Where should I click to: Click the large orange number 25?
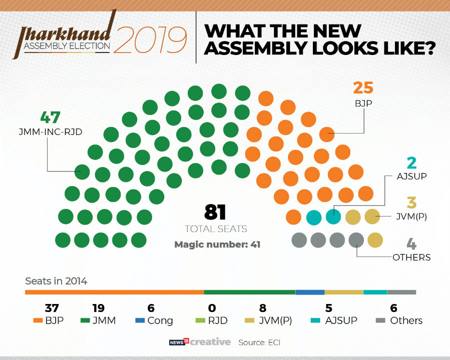click(x=363, y=87)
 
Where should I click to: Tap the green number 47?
click(x=50, y=117)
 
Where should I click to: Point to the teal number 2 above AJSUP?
click(x=411, y=163)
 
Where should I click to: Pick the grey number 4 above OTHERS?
click(x=411, y=245)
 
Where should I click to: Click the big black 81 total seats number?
click(x=216, y=212)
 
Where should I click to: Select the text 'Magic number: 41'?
click(x=217, y=245)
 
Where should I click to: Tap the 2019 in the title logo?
click(x=150, y=41)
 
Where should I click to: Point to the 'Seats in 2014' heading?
click(x=56, y=281)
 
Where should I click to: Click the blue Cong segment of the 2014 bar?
click(x=310, y=292)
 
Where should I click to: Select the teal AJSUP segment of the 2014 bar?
click(x=375, y=292)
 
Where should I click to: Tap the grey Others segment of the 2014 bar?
click(x=401, y=292)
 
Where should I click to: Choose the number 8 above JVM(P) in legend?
click(x=263, y=308)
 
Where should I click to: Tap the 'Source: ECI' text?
click(x=259, y=342)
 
